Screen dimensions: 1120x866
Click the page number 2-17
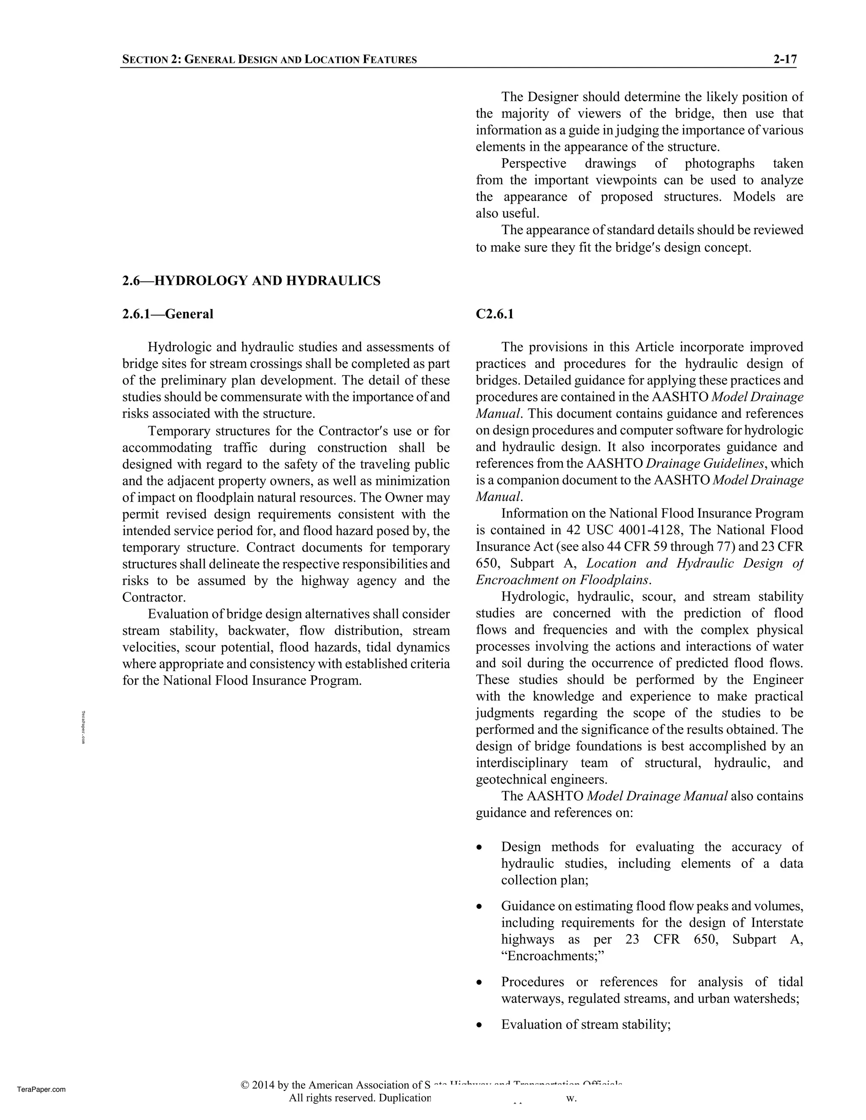(785, 60)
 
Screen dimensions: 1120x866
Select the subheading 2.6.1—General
(167, 314)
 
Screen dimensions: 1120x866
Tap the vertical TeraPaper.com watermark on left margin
(84, 727)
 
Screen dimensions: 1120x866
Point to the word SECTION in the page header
(144, 60)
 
